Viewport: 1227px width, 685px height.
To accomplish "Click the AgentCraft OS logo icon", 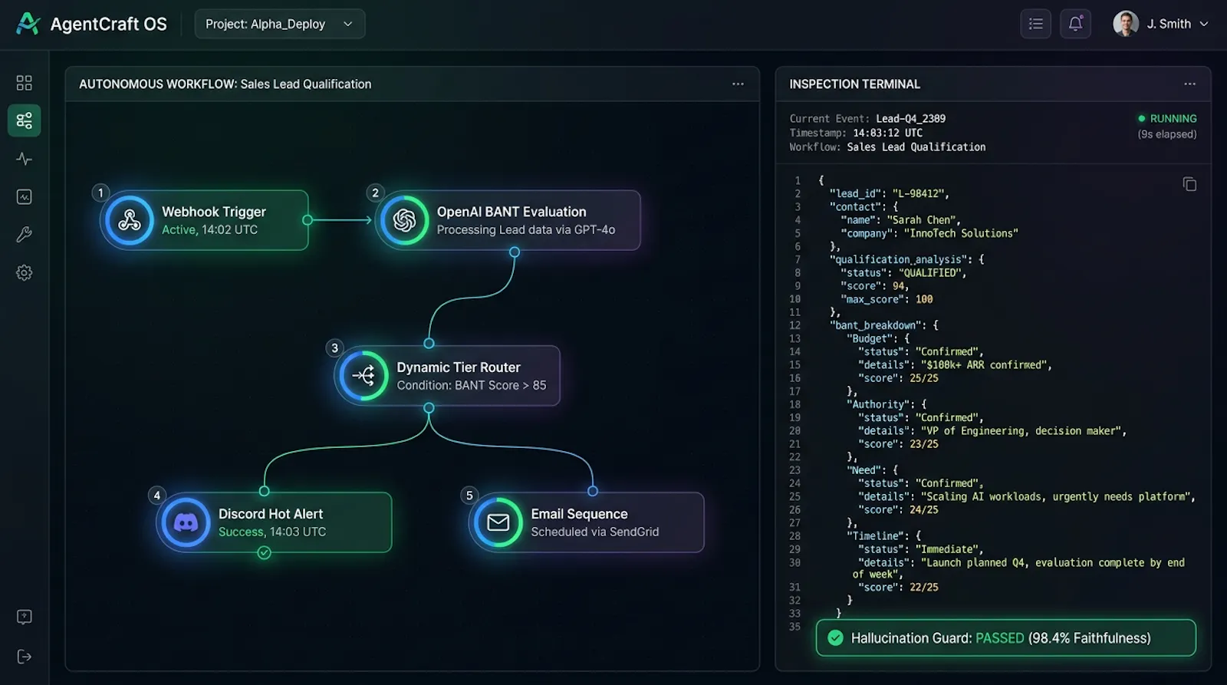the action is click(x=28, y=24).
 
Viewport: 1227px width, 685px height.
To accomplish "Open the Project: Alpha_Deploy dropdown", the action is click(x=279, y=24).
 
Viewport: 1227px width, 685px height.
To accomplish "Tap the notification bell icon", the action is click(x=1075, y=24).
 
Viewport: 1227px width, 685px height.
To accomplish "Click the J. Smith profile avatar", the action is click(x=1126, y=24).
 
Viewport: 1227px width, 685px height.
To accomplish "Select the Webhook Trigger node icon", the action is click(x=130, y=220).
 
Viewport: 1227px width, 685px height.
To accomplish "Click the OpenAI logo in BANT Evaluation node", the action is click(x=404, y=220).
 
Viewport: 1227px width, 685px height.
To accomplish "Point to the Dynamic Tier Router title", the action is click(x=459, y=367).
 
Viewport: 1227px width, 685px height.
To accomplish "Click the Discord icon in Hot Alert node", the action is click(x=186, y=522).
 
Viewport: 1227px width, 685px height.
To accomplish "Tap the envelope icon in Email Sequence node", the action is click(x=498, y=522).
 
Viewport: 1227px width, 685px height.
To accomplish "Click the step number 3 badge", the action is click(x=334, y=348).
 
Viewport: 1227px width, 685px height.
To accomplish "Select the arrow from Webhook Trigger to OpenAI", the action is click(x=340, y=219).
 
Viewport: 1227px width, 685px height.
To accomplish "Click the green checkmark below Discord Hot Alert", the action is click(x=264, y=552).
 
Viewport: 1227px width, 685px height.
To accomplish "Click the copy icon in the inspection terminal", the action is click(x=1189, y=184).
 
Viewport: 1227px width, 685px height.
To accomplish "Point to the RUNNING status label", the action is click(x=1173, y=118).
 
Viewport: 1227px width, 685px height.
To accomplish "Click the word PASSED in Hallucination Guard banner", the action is click(x=1000, y=638).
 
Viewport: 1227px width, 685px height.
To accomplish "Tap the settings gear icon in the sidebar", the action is click(x=24, y=272).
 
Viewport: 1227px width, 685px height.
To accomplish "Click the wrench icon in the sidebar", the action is click(x=24, y=235).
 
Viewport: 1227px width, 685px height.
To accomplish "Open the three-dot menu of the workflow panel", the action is click(x=738, y=84).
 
